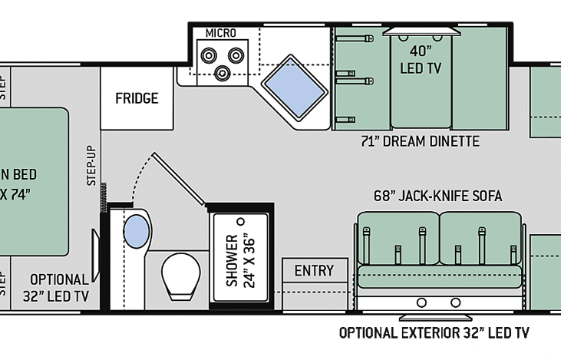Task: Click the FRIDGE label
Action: point(137,98)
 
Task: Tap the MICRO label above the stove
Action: point(220,33)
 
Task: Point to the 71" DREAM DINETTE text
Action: point(420,141)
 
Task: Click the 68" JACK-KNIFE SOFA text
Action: point(438,197)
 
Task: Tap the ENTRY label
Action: point(314,270)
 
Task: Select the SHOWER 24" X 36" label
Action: point(239,259)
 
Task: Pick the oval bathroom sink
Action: point(137,231)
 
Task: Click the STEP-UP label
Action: point(91,166)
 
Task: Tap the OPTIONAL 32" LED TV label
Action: point(61,286)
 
